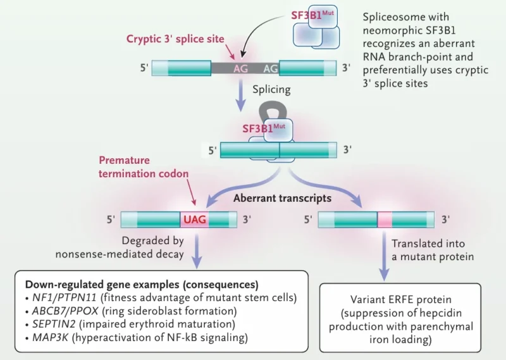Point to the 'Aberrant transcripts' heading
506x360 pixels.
282,198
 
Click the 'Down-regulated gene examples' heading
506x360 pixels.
141,283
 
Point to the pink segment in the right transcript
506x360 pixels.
385,220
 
